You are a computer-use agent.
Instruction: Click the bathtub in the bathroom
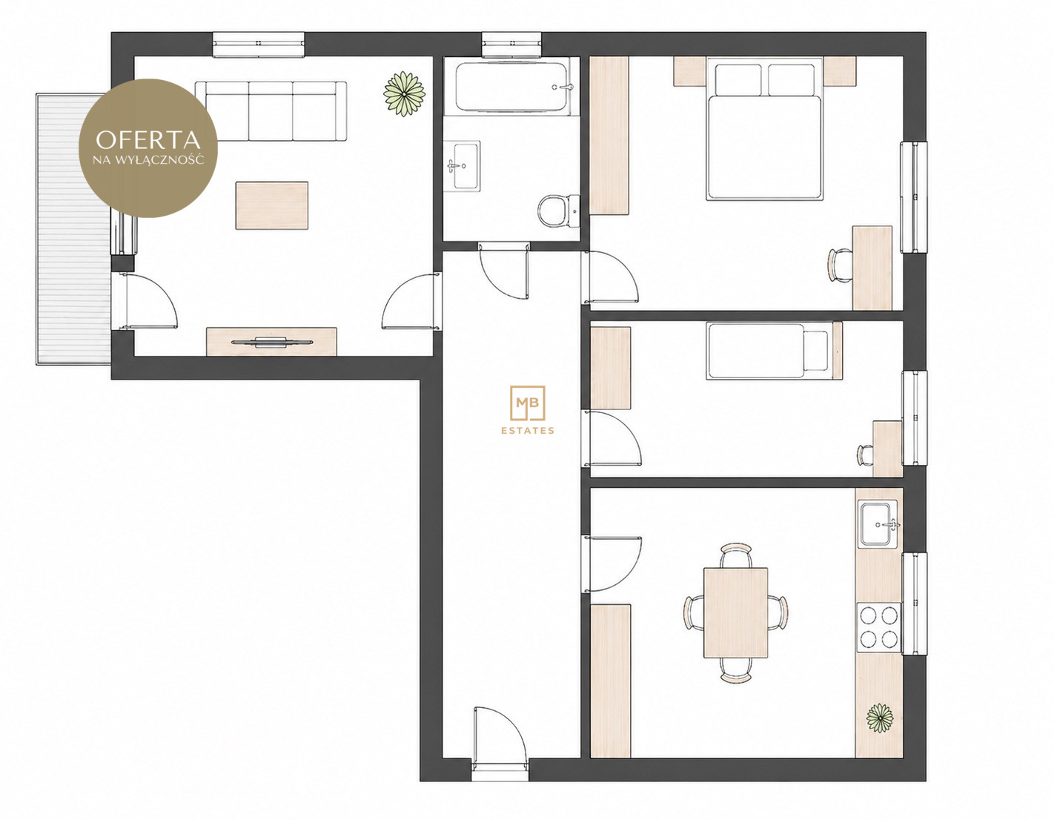point(511,86)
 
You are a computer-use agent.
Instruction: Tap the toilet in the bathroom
point(558,211)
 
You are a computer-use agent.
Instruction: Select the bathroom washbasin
point(462,166)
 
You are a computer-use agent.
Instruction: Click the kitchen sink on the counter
point(878,524)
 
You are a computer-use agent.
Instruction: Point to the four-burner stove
point(878,627)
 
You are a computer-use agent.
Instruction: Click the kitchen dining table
point(735,612)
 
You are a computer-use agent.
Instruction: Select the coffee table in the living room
point(271,205)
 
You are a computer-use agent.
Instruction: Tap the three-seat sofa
point(271,111)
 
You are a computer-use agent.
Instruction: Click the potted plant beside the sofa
point(404,93)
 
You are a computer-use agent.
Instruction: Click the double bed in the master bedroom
point(764,128)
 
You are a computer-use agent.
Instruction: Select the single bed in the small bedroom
point(774,351)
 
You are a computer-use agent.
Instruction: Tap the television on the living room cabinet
point(271,342)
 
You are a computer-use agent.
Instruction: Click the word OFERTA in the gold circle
point(148,140)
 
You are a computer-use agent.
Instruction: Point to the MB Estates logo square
point(527,403)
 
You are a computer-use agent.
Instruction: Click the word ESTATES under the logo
point(527,430)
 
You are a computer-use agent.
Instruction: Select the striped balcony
point(73,228)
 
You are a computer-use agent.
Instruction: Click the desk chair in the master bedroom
point(840,265)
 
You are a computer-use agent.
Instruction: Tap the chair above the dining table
point(736,555)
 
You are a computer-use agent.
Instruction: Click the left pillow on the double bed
point(738,80)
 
